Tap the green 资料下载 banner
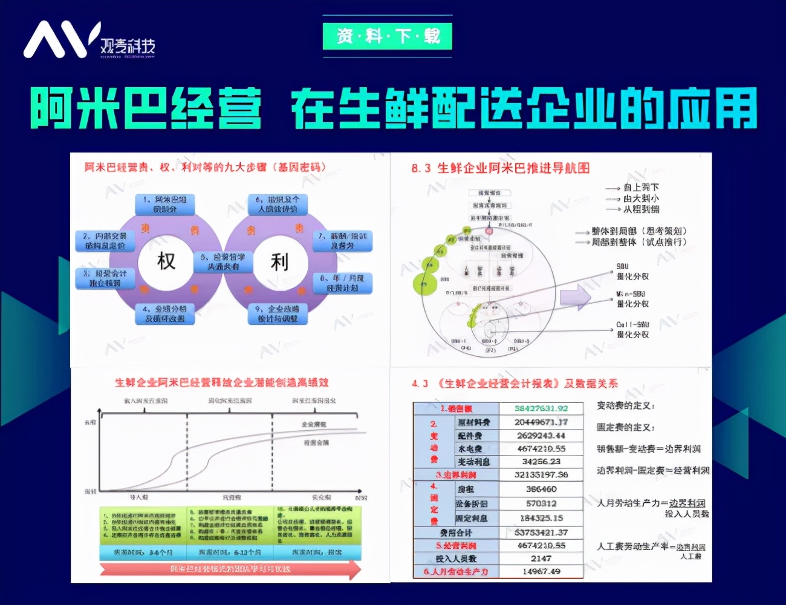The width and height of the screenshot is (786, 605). [x=388, y=36]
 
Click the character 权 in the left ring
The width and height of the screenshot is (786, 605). [x=166, y=261]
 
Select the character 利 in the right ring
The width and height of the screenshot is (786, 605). [x=279, y=262]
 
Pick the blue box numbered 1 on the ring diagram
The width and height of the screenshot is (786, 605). [x=165, y=204]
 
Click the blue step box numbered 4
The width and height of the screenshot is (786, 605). [x=165, y=313]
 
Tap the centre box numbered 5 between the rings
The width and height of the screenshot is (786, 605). [x=223, y=261]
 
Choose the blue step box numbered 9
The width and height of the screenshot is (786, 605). [x=278, y=313]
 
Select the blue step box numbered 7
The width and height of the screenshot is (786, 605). [x=342, y=241]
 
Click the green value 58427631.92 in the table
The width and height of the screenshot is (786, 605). [x=541, y=408]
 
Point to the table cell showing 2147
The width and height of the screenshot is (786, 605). [x=541, y=558]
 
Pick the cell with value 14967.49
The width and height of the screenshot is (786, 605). [x=541, y=571]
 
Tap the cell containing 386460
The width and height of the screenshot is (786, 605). [x=541, y=489]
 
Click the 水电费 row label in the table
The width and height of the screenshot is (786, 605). [x=470, y=449]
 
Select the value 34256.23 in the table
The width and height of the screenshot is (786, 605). [x=541, y=462]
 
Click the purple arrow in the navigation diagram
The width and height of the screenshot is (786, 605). [x=574, y=297]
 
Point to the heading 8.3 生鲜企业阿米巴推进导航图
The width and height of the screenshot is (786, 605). [x=500, y=168]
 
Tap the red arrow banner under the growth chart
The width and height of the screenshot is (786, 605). [x=230, y=569]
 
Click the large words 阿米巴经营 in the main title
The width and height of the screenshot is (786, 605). [x=146, y=109]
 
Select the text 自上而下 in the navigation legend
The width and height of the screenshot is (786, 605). [x=641, y=188]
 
